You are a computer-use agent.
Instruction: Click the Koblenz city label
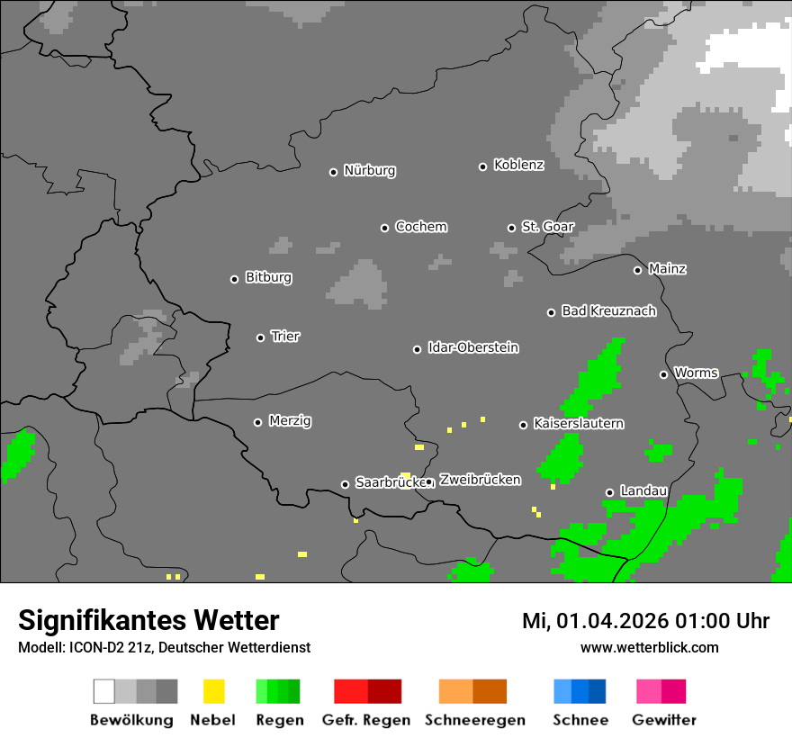pyautogui.click(x=518, y=165)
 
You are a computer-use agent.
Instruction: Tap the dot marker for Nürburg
pyautogui.click(x=333, y=172)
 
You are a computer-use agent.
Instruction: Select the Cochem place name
pyautogui.click(x=421, y=227)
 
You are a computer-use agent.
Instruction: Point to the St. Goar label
pyautogui.click(x=547, y=227)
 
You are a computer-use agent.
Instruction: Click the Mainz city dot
pyautogui.click(x=637, y=270)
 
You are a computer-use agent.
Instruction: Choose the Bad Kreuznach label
pyautogui.click(x=608, y=311)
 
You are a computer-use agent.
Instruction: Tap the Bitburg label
pyautogui.click(x=268, y=278)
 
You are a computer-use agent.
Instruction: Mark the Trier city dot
pyautogui.click(x=261, y=337)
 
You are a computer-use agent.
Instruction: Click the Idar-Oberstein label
pyautogui.click(x=473, y=347)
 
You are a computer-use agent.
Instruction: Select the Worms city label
pyautogui.click(x=696, y=373)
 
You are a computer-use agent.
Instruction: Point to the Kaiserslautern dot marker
pyautogui.click(x=523, y=425)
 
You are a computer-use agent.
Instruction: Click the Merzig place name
pyautogui.click(x=290, y=421)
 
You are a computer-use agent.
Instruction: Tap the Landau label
pyautogui.click(x=643, y=491)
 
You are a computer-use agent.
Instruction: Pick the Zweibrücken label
pyautogui.click(x=480, y=480)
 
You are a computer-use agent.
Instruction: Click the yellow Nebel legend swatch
pyautogui.click(x=213, y=691)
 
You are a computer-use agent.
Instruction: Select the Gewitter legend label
pyautogui.click(x=664, y=720)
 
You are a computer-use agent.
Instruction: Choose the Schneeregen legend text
pyautogui.click(x=474, y=720)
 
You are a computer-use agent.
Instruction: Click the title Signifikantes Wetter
pyautogui.click(x=148, y=620)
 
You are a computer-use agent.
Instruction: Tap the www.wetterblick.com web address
pyautogui.click(x=649, y=647)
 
